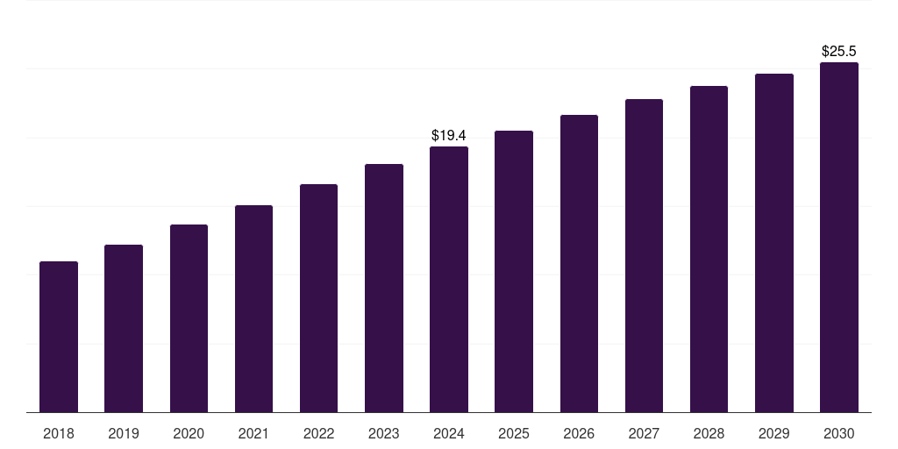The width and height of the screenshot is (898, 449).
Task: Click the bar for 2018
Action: pos(59,337)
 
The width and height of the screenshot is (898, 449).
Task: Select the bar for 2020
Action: pos(189,318)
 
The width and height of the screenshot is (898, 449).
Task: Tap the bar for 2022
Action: pos(318,298)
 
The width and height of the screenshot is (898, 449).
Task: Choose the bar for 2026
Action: pos(579,263)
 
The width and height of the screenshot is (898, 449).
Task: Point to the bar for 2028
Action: pos(709,249)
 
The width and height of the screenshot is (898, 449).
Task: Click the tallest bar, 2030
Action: pos(838,237)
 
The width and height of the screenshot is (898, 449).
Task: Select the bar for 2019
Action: pos(124,328)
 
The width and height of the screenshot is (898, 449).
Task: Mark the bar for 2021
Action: pos(253,309)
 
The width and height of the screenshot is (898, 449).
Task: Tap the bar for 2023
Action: pos(384,288)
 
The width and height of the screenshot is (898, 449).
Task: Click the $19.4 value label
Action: pos(449,136)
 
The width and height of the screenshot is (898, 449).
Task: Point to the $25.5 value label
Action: pos(838,52)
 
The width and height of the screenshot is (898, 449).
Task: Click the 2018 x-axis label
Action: pos(59,433)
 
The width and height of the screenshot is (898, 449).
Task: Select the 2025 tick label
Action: pos(514,433)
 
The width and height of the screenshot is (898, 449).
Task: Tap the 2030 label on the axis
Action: pos(838,433)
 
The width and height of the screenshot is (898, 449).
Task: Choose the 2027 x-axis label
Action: pos(644,433)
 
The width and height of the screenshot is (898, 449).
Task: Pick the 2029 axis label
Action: pos(773,433)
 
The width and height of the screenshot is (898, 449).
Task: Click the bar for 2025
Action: pos(514,271)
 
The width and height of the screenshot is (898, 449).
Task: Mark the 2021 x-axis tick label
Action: pos(253,433)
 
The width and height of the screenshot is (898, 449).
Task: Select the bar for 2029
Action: pos(773,243)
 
